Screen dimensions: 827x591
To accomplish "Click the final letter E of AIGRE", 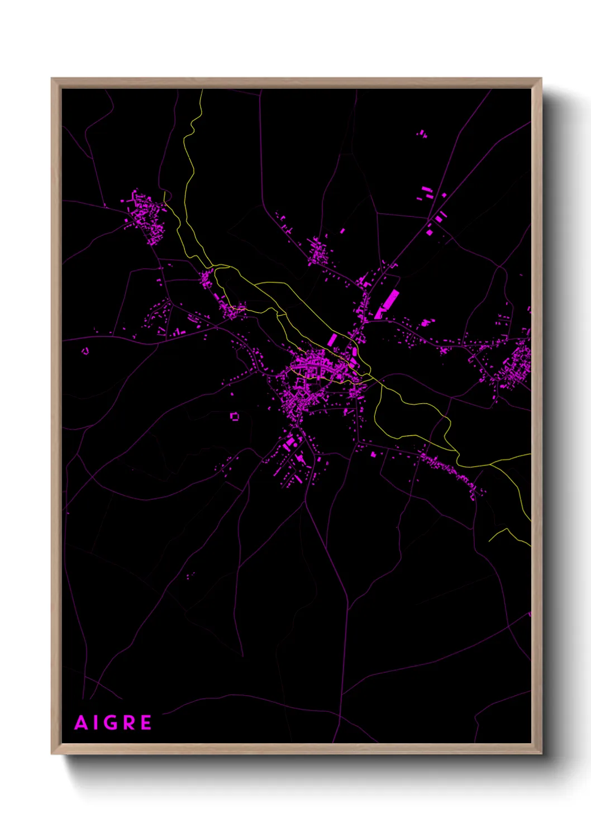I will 146,723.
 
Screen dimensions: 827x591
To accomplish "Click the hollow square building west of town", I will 235,416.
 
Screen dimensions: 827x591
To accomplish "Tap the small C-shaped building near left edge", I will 85,351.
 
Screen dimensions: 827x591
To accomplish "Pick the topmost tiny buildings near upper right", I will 422,134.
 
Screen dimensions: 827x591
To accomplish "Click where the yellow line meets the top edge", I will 202,91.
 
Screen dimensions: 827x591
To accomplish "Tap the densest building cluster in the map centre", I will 313,369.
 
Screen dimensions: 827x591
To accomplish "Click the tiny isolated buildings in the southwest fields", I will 190,575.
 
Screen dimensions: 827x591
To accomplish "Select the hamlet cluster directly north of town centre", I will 319,251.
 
